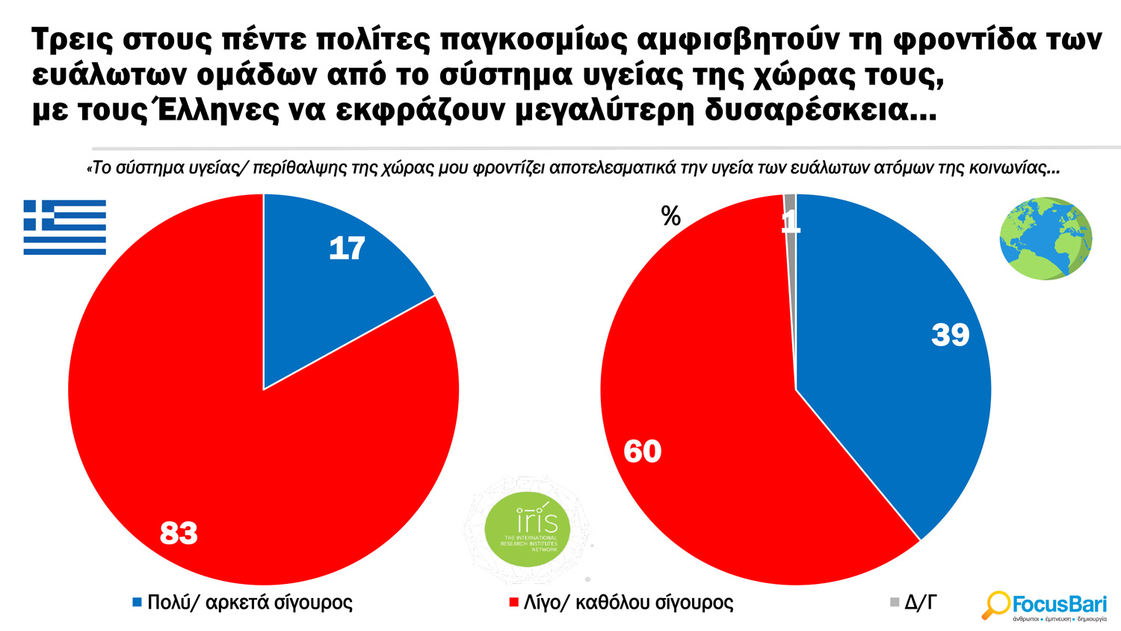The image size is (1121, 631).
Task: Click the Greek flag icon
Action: click(x=64, y=227)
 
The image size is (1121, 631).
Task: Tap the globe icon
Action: click(x=1046, y=238)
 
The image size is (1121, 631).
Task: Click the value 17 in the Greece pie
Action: click(x=347, y=249)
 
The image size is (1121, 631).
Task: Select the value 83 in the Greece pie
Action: click(x=179, y=533)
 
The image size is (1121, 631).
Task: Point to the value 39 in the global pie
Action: click(x=950, y=335)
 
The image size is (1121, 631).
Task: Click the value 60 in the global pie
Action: click(x=642, y=452)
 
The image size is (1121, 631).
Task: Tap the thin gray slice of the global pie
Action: click(x=791, y=217)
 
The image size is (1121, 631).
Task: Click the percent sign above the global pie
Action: click(x=670, y=217)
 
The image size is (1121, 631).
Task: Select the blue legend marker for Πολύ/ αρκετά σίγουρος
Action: click(x=137, y=602)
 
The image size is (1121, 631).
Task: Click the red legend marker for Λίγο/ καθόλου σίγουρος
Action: click(x=513, y=602)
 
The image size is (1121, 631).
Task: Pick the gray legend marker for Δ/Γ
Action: click(x=895, y=602)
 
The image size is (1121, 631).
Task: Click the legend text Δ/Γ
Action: click(x=920, y=602)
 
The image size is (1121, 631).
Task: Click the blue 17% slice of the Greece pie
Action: click(x=329, y=292)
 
